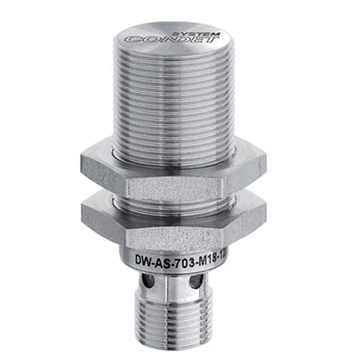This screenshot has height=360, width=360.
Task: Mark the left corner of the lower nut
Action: point(83,214)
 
